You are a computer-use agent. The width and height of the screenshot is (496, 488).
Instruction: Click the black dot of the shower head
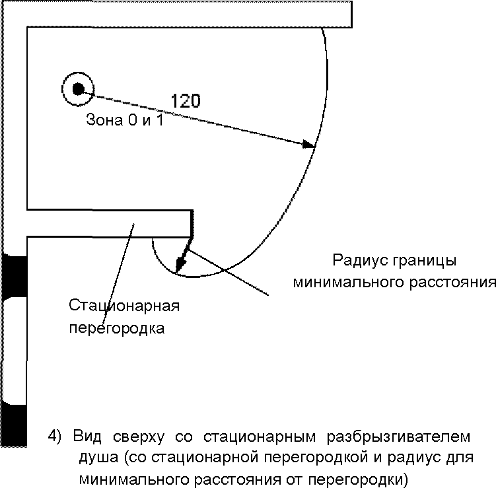tap(78, 88)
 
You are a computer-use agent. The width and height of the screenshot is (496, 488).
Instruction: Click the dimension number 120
tap(186, 101)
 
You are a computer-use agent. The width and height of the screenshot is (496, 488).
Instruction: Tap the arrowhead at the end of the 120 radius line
tap(309, 144)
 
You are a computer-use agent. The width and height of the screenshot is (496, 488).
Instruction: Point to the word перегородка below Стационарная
tap(117, 328)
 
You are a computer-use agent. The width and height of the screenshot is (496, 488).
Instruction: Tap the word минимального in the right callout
tap(349, 283)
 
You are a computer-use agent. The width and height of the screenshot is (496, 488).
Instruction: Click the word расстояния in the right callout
tap(453, 283)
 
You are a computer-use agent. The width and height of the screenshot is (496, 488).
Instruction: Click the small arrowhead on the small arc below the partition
tap(180, 264)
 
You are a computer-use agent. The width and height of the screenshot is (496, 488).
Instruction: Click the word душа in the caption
tap(95, 457)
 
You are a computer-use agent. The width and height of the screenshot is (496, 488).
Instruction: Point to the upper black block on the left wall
tap(14, 274)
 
